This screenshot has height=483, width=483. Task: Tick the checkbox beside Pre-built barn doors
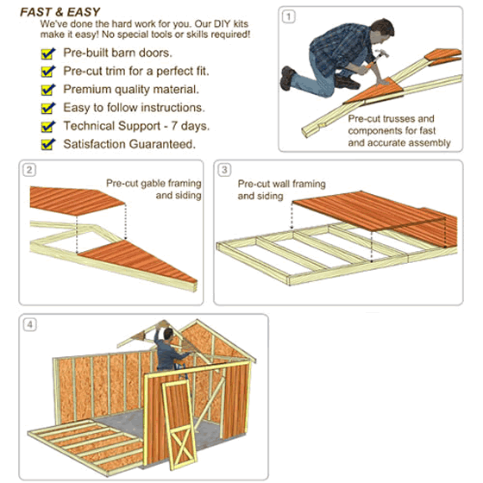48,53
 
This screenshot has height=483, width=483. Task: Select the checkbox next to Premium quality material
48,90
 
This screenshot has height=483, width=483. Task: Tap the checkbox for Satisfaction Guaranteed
48,144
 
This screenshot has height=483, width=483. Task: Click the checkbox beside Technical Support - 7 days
48,126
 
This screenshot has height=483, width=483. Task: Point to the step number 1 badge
288,16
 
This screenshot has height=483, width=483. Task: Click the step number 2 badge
29,169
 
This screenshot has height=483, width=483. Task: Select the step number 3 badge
224,169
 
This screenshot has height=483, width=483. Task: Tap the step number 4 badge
29,325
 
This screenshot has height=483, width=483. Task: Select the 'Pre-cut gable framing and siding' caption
154,189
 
